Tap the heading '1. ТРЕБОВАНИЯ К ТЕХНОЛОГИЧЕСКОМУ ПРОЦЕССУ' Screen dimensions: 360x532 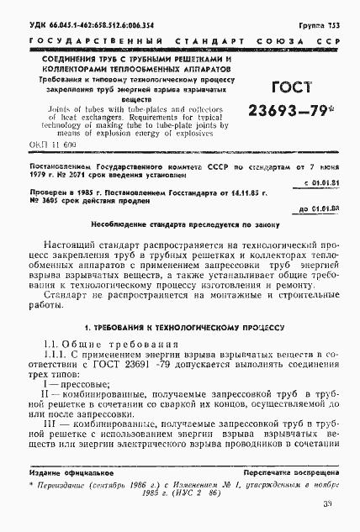click(179, 348)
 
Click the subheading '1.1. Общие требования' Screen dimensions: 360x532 click(100, 368)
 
